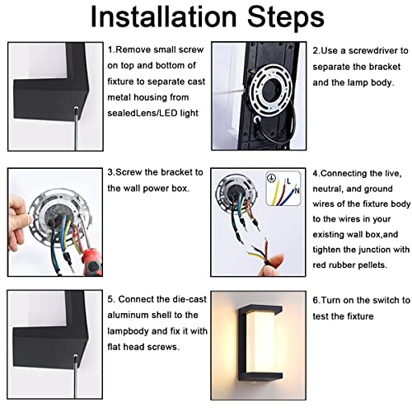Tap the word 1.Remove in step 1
[127, 49]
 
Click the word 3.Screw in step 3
[127, 174]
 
